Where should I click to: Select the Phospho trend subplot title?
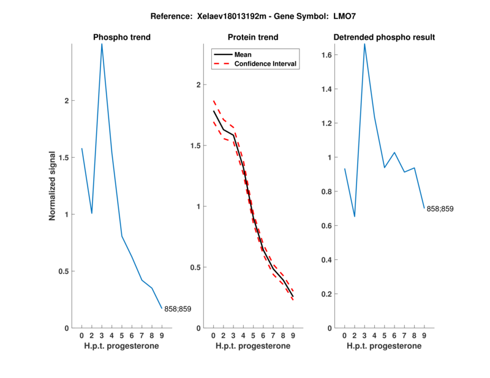pos(122,37)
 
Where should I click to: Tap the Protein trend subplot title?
pos(254,37)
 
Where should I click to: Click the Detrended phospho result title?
pos(384,37)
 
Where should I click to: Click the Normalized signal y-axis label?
pos(53,186)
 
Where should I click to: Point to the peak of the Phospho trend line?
pos(102,44)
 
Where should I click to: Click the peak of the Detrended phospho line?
pos(364,44)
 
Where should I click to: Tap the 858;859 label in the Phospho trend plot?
pos(178,309)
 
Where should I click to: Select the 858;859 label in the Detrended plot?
pos(440,209)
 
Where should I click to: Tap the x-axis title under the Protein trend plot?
pos(253,346)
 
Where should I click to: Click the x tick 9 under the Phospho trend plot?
pos(162,336)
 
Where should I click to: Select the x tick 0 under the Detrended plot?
pos(344,336)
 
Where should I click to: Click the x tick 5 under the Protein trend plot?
pos(253,336)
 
